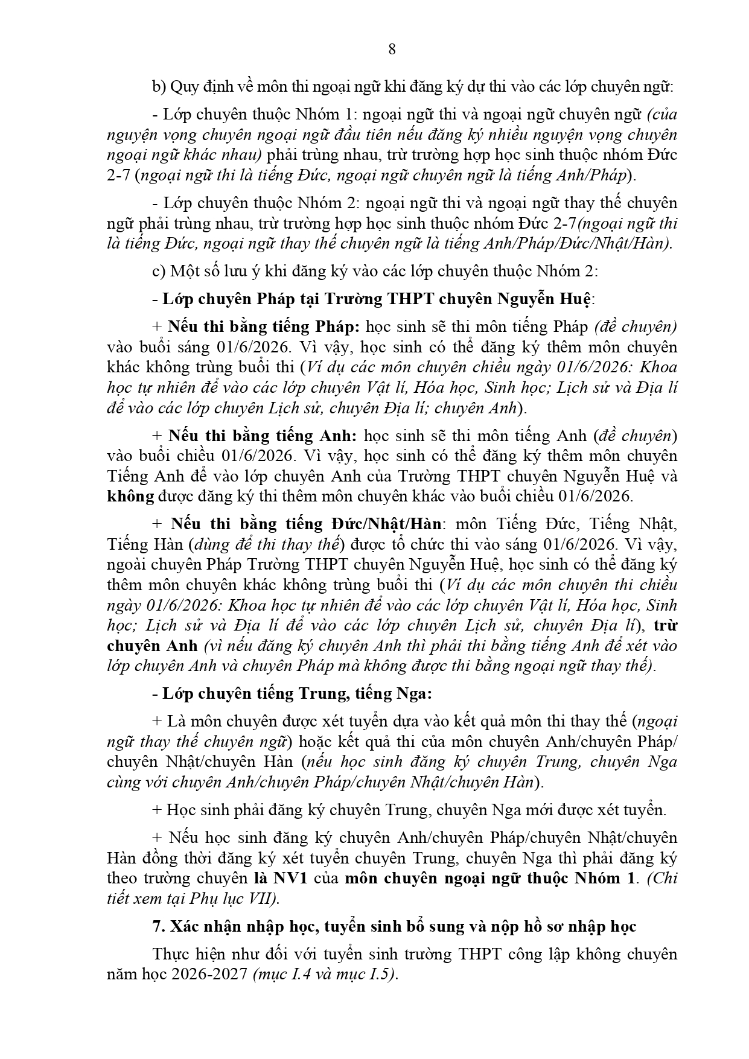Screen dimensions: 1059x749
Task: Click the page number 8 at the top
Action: point(392,50)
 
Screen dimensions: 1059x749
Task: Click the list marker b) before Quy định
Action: point(159,87)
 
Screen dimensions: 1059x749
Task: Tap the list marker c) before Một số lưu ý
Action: point(158,271)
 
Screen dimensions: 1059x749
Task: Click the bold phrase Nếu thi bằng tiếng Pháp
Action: point(264,327)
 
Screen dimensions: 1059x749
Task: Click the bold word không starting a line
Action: point(130,496)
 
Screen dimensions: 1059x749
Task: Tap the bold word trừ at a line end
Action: point(666,625)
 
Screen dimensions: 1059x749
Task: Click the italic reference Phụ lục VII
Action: point(241,898)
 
